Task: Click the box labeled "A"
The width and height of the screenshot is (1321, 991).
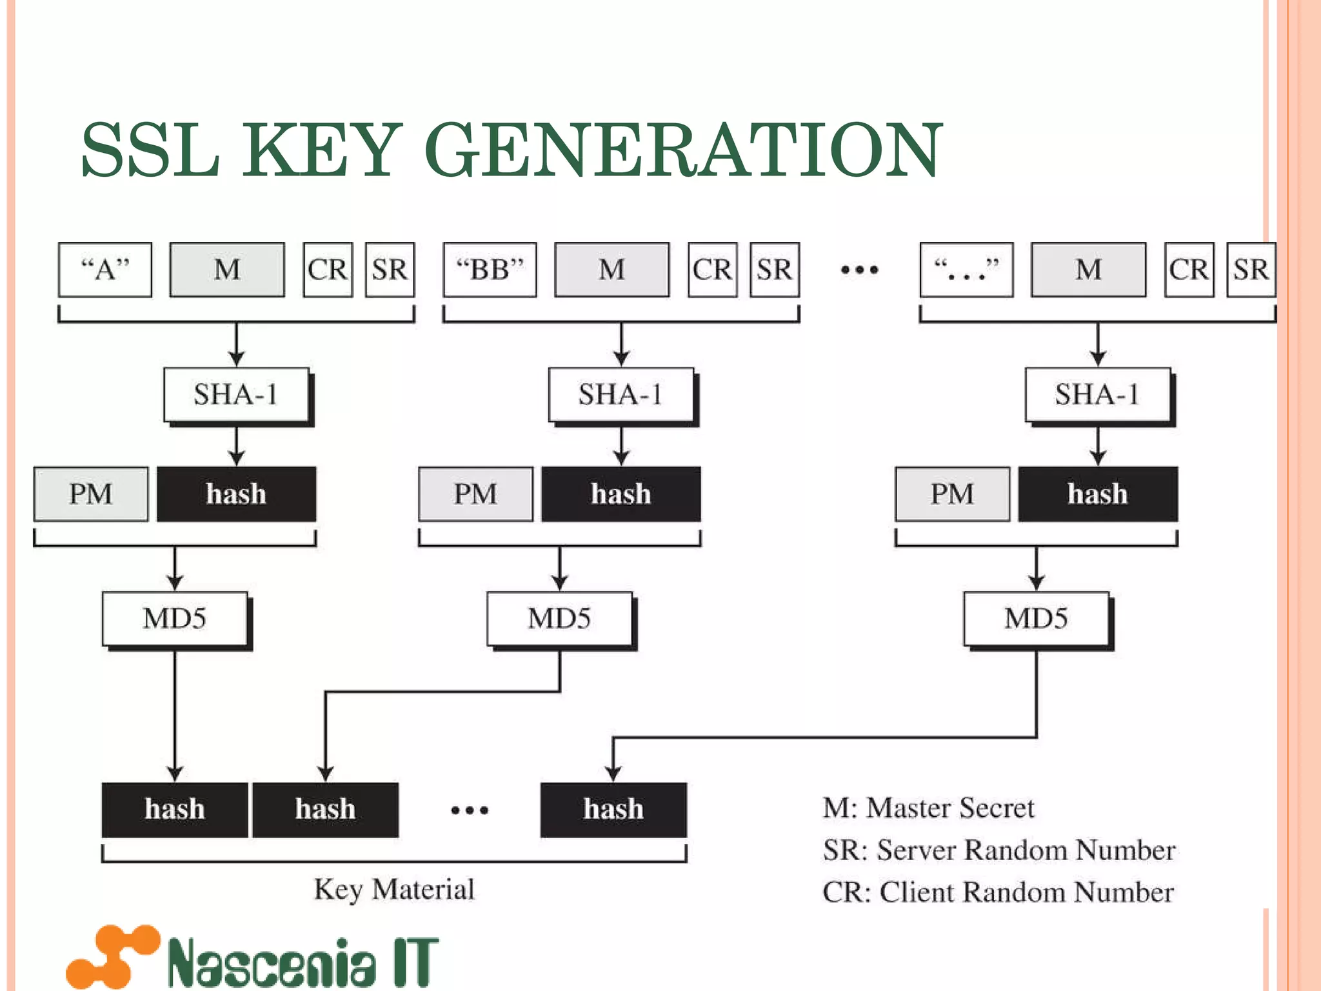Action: [105, 270]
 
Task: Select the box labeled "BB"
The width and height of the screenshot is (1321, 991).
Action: [490, 270]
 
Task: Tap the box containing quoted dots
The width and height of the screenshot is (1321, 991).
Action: [966, 270]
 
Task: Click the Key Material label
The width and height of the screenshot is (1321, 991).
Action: [394, 889]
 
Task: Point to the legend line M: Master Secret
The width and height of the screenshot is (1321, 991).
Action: [928, 808]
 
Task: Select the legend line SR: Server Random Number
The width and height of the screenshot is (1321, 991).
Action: [998, 850]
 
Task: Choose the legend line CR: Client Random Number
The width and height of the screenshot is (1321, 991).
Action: [998, 892]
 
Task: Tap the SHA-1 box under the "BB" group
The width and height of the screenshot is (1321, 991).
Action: [621, 395]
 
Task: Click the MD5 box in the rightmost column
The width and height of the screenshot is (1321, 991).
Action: [1036, 619]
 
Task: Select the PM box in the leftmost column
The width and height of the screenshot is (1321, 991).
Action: [91, 494]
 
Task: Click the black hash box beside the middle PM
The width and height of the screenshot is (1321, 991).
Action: [621, 494]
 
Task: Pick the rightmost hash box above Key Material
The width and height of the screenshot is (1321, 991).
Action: [613, 810]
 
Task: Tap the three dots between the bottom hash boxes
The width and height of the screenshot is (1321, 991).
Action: [470, 810]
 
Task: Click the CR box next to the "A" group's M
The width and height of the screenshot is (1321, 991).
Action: [328, 270]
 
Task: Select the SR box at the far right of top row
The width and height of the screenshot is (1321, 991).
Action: [1251, 270]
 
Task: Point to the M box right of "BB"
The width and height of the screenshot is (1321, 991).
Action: [611, 270]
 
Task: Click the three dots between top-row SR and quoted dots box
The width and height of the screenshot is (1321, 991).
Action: [860, 270]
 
